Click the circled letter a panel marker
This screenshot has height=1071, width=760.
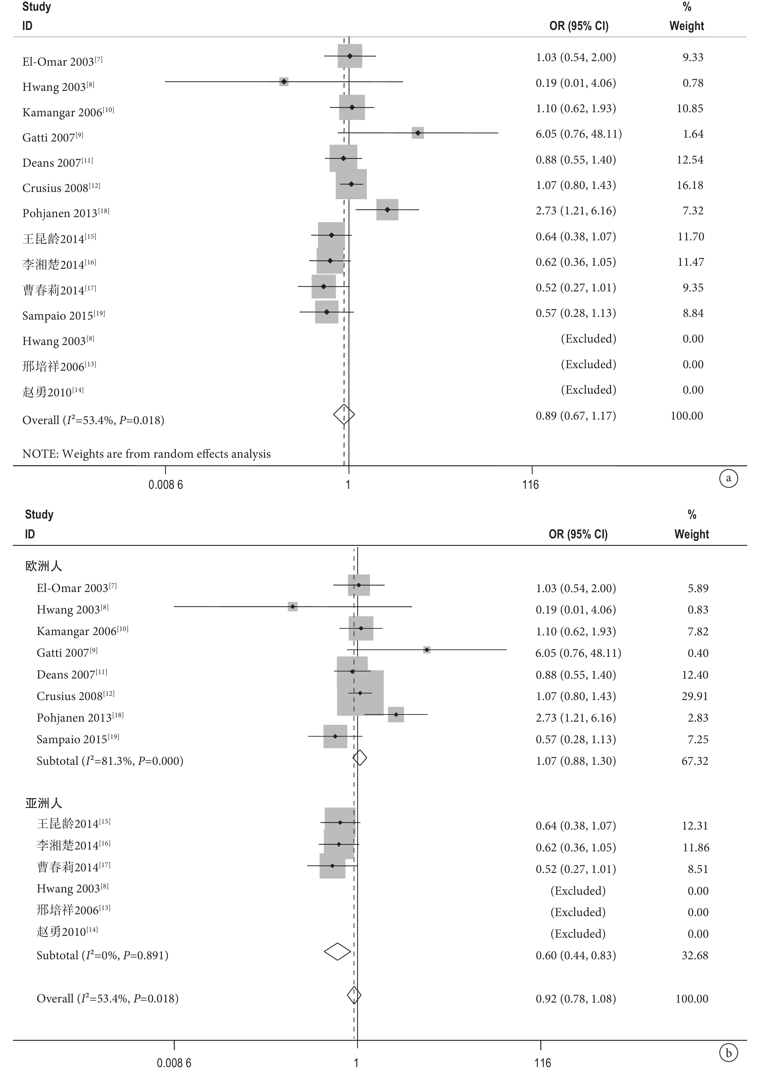tap(728, 478)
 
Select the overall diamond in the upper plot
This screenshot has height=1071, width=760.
tap(344, 415)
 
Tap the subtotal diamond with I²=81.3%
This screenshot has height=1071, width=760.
tap(359, 758)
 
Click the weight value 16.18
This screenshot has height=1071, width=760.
tap(690, 185)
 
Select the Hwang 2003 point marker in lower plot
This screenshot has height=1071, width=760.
tap(293, 606)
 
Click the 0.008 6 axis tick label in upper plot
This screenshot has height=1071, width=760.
tap(166, 484)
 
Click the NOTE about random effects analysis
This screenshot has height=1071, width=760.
tap(147, 454)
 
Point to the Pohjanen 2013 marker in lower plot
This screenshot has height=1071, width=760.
tap(396, 714)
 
